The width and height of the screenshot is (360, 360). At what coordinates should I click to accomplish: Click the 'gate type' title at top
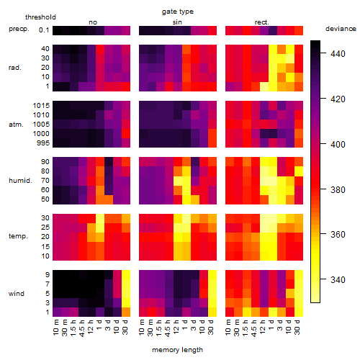coord(178,12)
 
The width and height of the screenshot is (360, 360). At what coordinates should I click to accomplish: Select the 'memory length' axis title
coord(177,350)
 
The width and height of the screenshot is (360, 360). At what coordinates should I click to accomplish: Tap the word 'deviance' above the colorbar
coord(341,29)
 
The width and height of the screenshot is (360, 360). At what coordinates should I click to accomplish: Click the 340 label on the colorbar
coord(338,279)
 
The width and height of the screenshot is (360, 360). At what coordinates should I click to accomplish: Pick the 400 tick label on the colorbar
coord(338,144)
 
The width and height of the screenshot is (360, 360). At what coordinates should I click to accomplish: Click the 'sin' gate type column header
coord(177,22)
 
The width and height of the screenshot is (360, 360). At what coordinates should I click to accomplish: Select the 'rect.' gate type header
coord(261,22)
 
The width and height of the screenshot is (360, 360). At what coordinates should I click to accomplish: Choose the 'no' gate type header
coord(93,22)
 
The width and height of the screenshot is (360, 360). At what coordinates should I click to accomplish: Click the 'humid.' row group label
coord(20,181)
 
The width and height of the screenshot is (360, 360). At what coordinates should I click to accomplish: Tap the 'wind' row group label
coord(17,294)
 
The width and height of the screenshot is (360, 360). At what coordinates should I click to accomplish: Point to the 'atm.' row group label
coord(16,125)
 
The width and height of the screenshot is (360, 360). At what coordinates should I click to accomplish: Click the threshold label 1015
coord(41,106)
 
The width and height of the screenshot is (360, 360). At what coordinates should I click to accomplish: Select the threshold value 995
coord(43,143)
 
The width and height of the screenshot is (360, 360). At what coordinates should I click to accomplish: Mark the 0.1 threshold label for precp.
coord(44,30)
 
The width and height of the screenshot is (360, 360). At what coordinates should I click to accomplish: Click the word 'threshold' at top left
coord(40,17)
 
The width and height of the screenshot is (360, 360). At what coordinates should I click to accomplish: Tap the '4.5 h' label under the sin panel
coord(168,328)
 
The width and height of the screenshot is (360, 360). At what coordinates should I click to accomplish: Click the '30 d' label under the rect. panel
coord(297,327)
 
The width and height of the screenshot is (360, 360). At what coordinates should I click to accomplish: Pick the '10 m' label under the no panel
coord(55,328)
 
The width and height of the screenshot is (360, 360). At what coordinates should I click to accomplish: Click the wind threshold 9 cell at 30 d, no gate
coord(126,274)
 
